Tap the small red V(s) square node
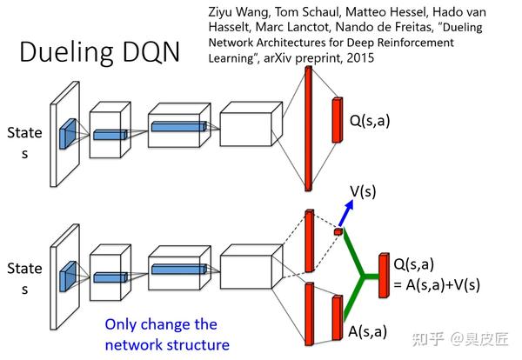click(338, 231)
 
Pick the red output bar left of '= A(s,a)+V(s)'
click(383, 273)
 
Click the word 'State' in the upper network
click(23, 134)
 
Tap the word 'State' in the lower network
click(23, 268)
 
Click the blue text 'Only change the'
click(160, 324)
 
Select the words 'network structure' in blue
click(167, 344)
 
